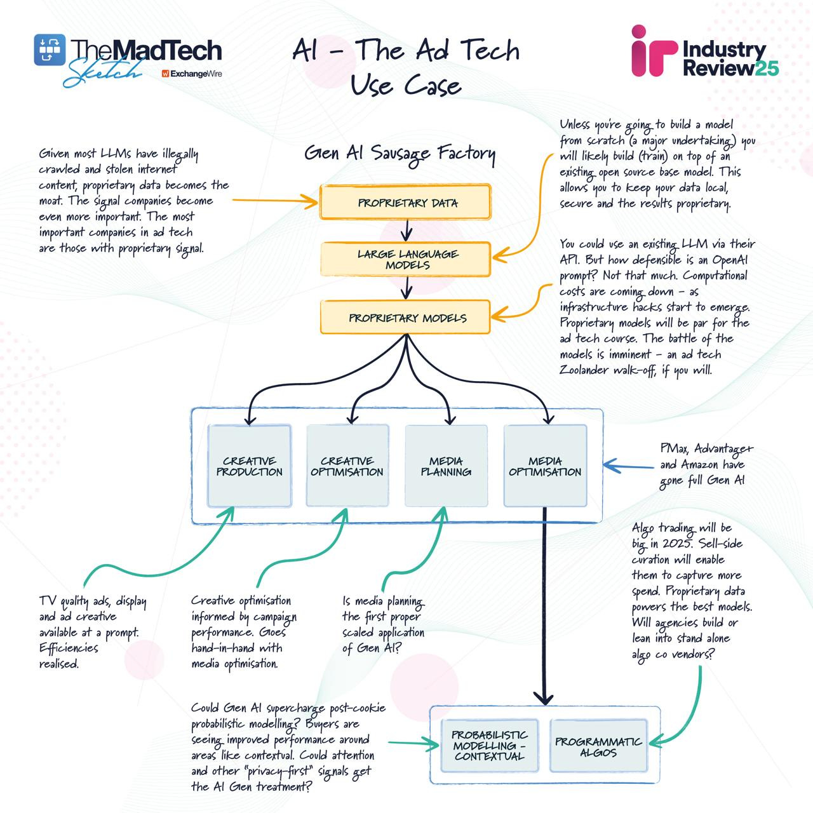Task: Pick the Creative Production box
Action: click(249, 466)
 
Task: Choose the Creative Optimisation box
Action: click(347, 466)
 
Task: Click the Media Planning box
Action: click(446, 466)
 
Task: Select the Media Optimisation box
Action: click(544, 466)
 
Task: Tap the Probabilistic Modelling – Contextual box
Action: click(489, 746)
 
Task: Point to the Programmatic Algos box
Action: click(598, 747)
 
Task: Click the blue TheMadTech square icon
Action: click(50, 50)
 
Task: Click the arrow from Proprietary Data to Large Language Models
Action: click(406, 229)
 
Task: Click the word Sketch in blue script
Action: click(102, 73)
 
